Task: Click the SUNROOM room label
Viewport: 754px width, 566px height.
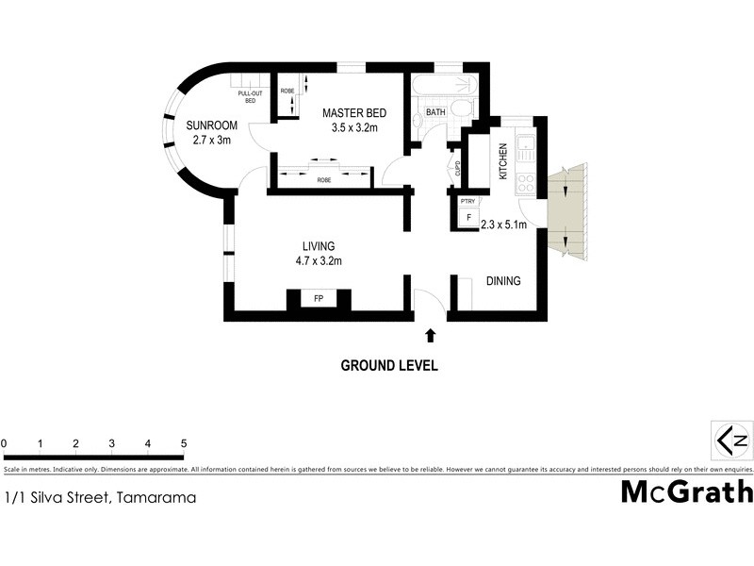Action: point(210,125)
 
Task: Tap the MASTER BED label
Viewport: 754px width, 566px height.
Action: point(352,113)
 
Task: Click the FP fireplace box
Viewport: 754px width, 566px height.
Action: point(319,300)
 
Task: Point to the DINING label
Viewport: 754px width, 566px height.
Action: point(502,281)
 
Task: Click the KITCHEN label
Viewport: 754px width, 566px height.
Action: point(503,161)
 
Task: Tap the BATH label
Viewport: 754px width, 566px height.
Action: point(435,112)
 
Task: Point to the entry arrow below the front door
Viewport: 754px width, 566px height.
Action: point(431,334)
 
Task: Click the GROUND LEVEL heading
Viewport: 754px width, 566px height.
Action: point(388,366)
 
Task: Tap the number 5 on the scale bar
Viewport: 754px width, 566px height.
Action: point(184,442)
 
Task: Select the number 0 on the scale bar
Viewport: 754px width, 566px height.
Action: point(4,442)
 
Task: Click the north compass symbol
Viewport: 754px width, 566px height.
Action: point(732,440)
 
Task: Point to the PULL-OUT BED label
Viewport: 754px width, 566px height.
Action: point(250,96)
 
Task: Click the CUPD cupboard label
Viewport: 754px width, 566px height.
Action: point(458,170)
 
